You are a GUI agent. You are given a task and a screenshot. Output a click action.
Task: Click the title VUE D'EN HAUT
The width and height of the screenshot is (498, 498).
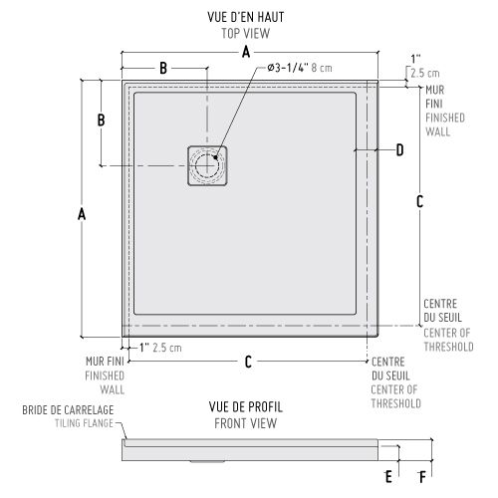pos(246,17)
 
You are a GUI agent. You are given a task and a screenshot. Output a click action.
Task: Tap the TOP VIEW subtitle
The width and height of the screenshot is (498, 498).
pos(246,33)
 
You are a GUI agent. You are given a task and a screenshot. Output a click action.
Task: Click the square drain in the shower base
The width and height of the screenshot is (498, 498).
pos(207,165)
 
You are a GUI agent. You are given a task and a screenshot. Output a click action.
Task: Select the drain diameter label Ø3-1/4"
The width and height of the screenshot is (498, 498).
pos(288,68)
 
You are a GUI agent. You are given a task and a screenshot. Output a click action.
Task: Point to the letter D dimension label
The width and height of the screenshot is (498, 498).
pos(400,150)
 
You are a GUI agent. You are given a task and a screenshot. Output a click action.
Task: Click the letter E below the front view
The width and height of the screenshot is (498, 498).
pos(388,477)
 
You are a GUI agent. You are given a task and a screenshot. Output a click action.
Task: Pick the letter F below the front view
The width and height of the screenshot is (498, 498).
pos(422,477)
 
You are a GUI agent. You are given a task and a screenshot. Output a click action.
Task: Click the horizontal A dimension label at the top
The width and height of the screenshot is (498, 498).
pos(246,52)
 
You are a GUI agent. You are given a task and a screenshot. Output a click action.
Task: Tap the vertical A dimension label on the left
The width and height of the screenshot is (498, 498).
pos(82,214)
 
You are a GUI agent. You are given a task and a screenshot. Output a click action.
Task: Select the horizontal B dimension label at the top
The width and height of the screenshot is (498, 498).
pos(163,68)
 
